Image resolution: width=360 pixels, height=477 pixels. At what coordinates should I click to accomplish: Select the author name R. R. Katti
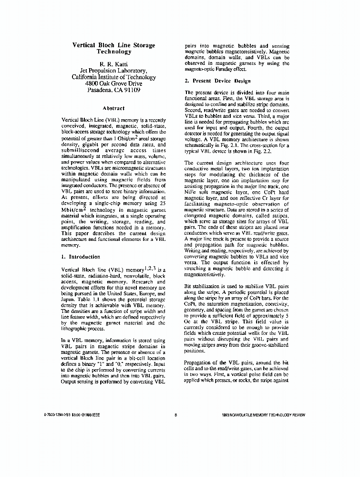pos(113,63)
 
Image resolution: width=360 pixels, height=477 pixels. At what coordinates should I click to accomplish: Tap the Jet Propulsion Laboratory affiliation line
pos(113,70)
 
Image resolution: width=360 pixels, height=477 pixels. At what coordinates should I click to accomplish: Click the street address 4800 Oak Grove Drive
pos(113,83)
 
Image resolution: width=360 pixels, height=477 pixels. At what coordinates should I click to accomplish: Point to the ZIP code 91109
pos(131,89)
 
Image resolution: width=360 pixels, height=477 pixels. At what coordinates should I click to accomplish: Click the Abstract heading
pos(113,108)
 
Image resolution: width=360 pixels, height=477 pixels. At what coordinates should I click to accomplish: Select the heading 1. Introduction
pos(81,257)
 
